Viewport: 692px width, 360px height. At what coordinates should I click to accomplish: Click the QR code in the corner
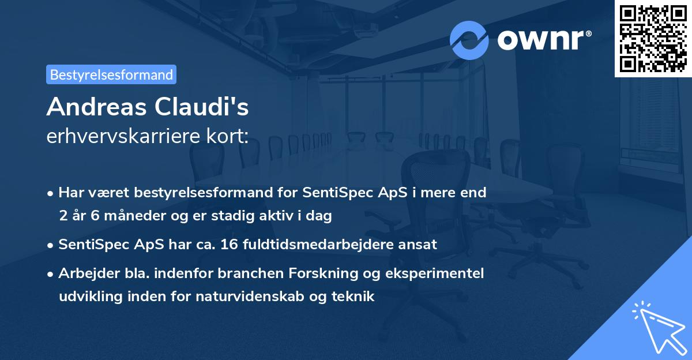tap(653, 38)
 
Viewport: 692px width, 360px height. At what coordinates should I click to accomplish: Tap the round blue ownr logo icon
tap(469, 40)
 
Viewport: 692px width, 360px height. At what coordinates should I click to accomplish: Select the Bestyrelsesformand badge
tap(111, 74)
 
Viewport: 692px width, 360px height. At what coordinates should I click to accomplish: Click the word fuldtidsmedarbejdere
tap(330, 244)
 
